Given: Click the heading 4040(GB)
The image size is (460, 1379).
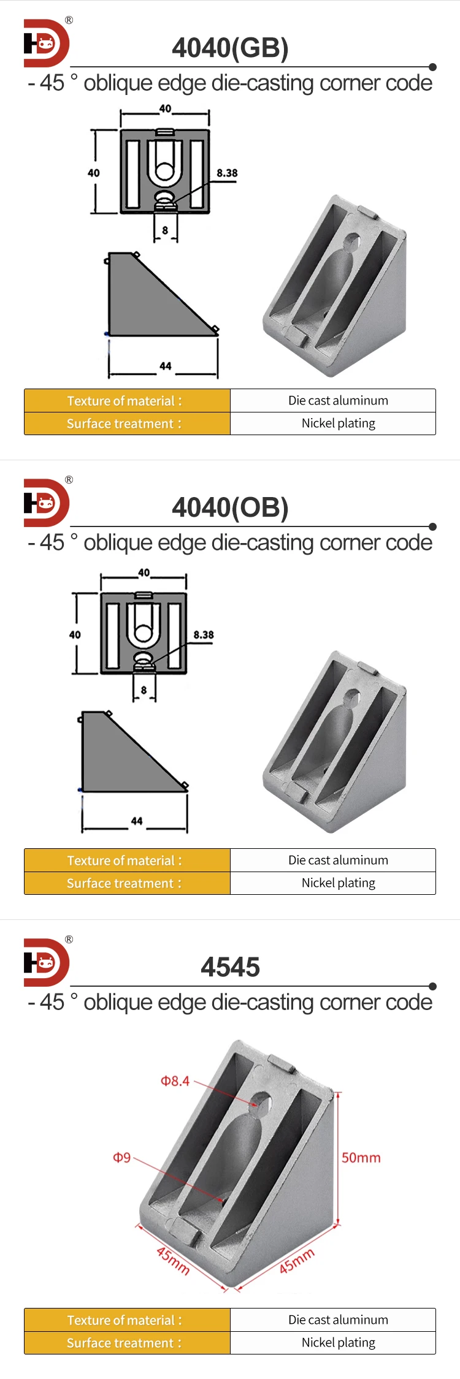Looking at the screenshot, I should coord(230,48).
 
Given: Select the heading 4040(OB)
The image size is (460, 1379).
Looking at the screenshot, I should coord(230,508).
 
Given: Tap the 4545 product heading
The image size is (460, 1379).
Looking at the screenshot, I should coord(230,968).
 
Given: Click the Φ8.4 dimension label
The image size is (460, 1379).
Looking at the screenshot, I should coord(175,1081).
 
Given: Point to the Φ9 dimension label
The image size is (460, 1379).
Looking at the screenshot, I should coord(122,1158).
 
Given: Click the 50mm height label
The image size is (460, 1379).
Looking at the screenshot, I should coord(361,1158).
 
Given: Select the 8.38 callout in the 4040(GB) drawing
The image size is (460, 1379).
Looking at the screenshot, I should coord(227,173).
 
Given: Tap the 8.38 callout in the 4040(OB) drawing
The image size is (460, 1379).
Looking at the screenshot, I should coord(204,635).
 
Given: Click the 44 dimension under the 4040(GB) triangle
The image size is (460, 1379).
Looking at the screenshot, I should coord(166,367).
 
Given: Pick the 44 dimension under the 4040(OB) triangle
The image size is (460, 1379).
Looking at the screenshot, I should coord(137,821).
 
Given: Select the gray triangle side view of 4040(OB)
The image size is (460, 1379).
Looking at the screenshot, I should coord(123,760).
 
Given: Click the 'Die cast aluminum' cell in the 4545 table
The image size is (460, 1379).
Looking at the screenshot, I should coord(338,1320).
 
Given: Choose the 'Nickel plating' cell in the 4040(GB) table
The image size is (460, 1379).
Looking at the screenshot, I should coord(338,424).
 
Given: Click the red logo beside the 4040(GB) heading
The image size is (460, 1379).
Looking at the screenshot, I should coord(47,43).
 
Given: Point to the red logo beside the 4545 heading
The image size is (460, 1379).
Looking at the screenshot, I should coord(47,962).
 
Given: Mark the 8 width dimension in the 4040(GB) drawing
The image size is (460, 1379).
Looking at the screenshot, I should coord(165,230).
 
